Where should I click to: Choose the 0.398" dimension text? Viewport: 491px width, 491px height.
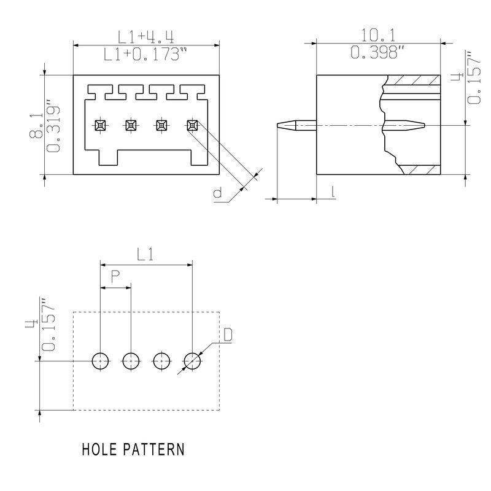pyautogui.click(x=378, y=53)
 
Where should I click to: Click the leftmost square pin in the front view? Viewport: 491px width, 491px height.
pyautogui.click(x=100, y=125)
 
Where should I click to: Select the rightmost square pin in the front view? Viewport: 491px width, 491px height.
pyautogui.click(x=192, y=125)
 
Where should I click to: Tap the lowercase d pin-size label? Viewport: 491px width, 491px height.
pyautogui.click(x=217, y=194)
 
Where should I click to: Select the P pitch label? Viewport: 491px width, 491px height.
pyautogui.click(x=115, y=277)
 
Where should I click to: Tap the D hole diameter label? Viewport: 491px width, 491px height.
pyautogui.click(x=227, y=335)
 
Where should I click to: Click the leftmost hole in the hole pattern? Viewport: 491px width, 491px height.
pyautogui.click(x=100, y=361)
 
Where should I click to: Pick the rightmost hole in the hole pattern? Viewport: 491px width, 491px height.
pyautogui.click(x=192, y=361)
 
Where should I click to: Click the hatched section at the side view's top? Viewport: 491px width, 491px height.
pyautogui.click(x=416, y=80)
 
